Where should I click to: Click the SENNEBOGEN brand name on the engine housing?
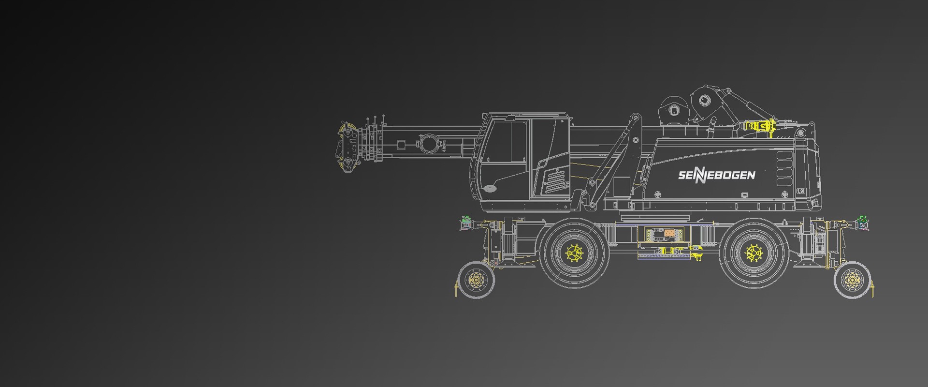click(716, 175)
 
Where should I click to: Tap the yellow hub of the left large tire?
click(574, 253)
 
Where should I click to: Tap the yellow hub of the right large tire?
click(753, 253)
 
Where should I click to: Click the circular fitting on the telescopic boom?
click(429, 144)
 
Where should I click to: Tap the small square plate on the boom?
click(401, 145)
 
